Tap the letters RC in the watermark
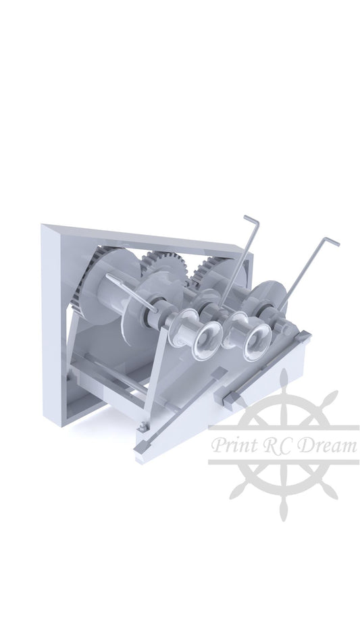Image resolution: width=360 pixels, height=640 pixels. click(276, 446)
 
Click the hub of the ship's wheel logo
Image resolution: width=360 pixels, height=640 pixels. click(284, 446)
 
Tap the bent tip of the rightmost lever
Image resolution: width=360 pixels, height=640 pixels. click(330, 240)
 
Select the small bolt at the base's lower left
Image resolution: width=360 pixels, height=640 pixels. click(142, 426)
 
